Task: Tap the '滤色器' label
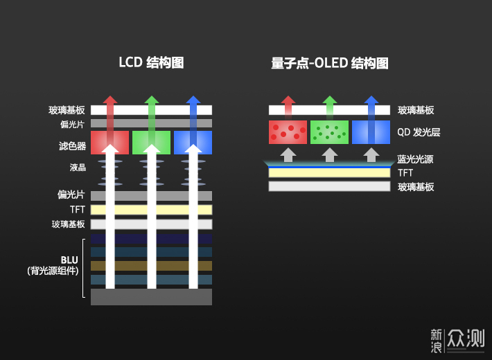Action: (x=72, y=146)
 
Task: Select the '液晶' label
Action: (x=78, y=168)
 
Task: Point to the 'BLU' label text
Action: (x=69, y=260)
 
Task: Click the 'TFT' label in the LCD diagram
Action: (x=77, y=209)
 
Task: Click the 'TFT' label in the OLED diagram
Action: (x=405, y=172)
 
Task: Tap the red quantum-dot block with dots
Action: (x=288, y=132)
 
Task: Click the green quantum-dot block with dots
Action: (x=329, y=132)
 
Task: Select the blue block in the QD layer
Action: (x=371, y=132)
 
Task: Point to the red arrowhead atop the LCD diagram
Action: (x=109, y=100)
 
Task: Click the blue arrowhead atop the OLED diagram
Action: (x=371, y=100)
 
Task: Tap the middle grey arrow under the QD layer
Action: (x=330, y=153)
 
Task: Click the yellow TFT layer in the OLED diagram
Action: (x=329, y=172)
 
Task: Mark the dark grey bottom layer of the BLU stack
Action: (x=151, y=297)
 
